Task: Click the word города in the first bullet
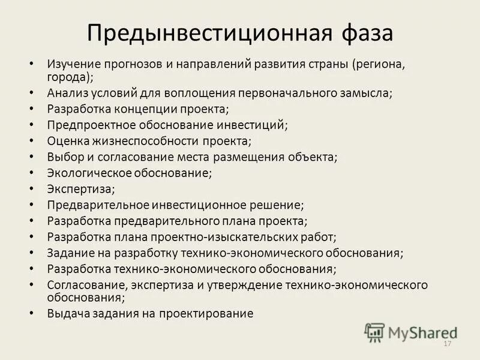tap(70, 77)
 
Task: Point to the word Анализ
tap(67, 94)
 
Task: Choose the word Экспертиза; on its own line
tap(81, 189)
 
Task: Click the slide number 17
tap(446, 344)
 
